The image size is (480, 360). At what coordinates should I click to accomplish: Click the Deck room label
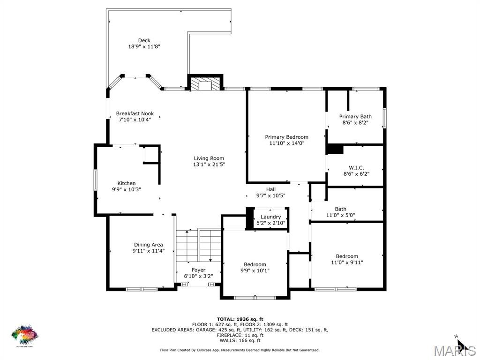[x=144, y=40]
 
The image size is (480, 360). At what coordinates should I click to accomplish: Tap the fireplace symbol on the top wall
[x=205, y=83]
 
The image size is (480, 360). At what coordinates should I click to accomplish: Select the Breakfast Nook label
[x=135, y=113]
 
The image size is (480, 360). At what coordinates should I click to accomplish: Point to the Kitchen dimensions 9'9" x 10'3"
[x=127, y=189]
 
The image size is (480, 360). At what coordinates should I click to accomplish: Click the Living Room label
[x=209, y=158]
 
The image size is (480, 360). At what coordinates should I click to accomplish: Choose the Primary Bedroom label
[x=286, y=137]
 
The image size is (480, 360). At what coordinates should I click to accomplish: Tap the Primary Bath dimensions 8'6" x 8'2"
[x=355, y=123]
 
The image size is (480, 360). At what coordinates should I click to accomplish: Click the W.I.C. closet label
[x=356, y=168]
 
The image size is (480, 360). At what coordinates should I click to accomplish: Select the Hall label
[x=271, y=189]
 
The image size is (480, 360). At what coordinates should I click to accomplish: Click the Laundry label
[x=271, y=217]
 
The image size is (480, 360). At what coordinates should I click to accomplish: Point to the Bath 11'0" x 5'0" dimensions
[x=341, y=216]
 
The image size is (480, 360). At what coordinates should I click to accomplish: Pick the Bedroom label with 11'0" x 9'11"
[x=347, y=256]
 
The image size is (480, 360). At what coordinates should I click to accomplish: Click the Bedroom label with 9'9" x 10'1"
[x=255, y=264]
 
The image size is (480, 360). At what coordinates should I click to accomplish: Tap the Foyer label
[x=198, y=270]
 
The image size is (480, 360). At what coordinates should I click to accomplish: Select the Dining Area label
[x=149, y=245]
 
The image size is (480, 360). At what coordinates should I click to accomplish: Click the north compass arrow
[x=461, y=345]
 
